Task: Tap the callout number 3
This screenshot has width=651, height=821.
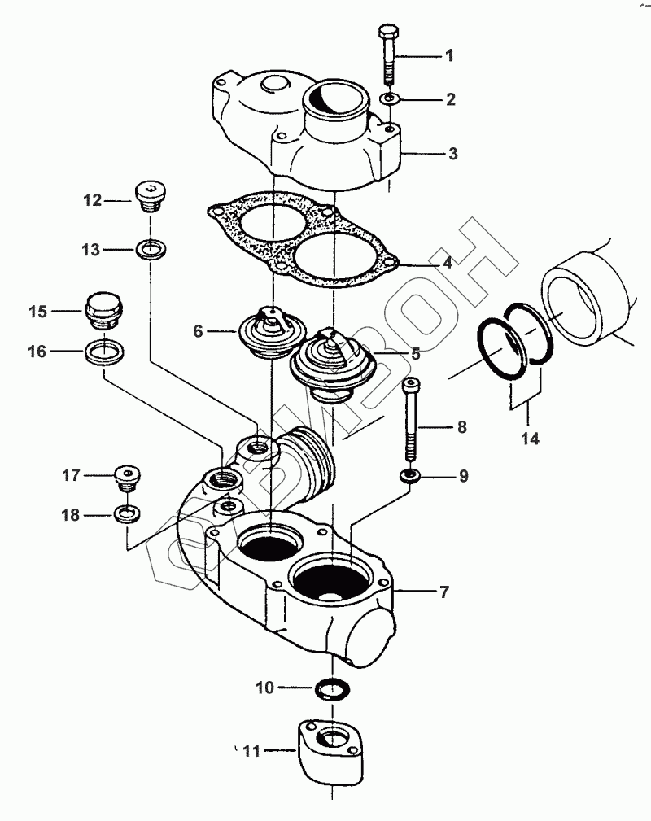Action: (453, 154)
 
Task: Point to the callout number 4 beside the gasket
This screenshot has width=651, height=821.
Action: (448, 262)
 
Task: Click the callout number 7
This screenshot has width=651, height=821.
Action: (444, 592)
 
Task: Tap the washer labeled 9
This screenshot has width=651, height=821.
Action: (410, 475)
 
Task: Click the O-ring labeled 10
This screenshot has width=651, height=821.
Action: (333, 688)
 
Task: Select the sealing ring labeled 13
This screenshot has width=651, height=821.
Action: (151, 249)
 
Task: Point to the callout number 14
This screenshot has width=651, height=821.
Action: (530, 439)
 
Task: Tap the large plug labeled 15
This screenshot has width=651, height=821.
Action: (104, 311)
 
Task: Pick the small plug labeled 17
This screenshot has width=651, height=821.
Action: (127, 477)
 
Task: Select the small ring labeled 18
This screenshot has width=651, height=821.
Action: (127, 514)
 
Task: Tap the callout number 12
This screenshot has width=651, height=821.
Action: (93, 200)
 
